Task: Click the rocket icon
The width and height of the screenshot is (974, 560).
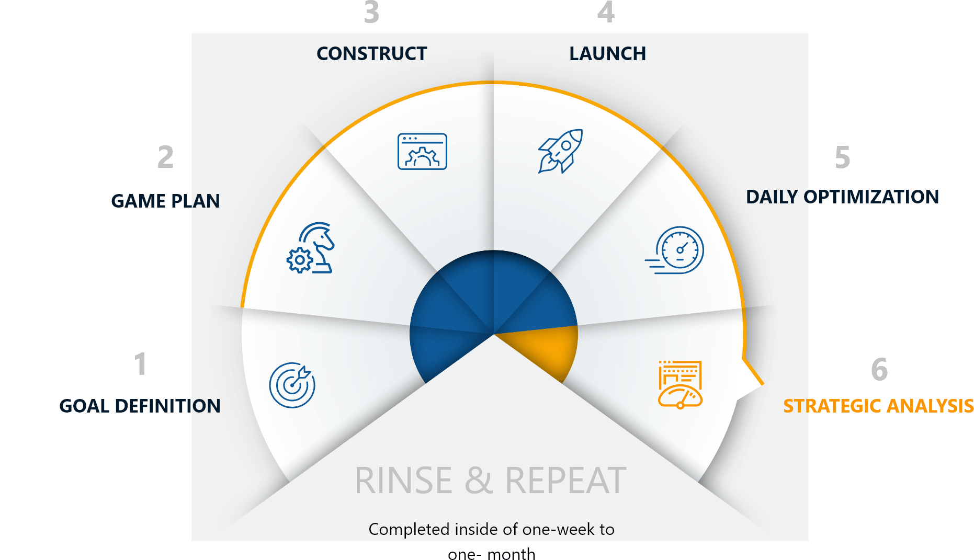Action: (560, 151)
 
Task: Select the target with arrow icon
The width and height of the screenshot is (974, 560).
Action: (292, 385)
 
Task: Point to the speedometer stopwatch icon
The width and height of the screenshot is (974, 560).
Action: (675, 250)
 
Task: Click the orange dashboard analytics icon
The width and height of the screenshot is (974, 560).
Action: (680, 385)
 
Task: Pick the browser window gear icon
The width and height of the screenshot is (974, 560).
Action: (422, 152)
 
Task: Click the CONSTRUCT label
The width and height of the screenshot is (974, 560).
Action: (372, 53)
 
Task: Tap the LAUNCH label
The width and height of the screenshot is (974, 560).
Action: (607, 53)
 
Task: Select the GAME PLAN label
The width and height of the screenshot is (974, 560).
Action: (165, 201)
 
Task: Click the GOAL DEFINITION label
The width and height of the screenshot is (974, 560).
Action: (140, 406)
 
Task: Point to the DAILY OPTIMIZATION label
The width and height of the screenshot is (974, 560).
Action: (842, 197)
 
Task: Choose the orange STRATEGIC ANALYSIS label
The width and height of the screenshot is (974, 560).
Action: (878, 406)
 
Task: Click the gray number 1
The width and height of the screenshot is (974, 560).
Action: (140, 364)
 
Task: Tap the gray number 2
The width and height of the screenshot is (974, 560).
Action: (165, 157)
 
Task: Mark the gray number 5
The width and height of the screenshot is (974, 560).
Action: (843, 157)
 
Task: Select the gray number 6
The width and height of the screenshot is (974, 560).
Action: (879, 369)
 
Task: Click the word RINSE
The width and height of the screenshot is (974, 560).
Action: (403, 480)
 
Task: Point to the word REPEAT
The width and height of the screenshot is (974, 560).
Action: (565, 480)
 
